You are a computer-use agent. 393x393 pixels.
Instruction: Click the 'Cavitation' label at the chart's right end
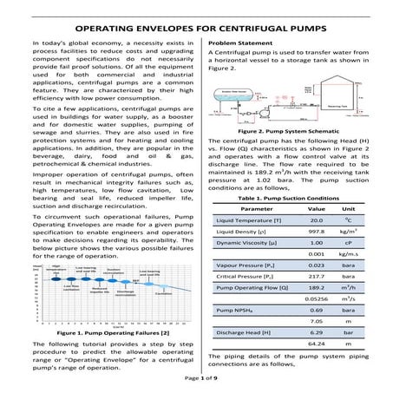coord(162,294)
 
